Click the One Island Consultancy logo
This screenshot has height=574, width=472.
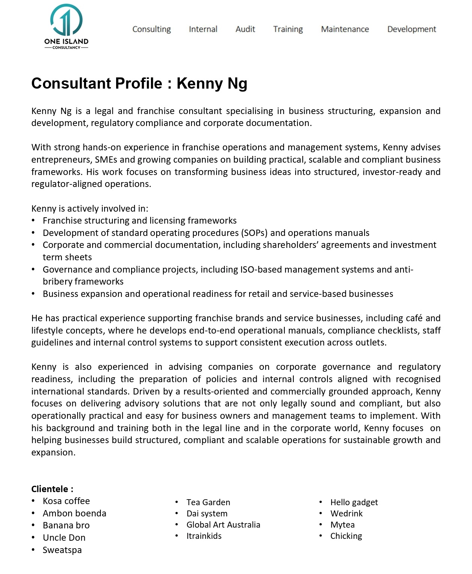point(66,27)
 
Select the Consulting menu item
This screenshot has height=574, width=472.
point(151,29)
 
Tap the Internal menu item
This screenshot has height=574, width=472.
point(203,29)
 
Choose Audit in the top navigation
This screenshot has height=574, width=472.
point(245,29)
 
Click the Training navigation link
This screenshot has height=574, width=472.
point(288,29)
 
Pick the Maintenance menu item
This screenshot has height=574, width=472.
point(345,29)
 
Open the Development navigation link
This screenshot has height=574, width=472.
point(411,29)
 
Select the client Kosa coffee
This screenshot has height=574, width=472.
point(66,501)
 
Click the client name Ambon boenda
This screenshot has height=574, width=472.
point(75,513)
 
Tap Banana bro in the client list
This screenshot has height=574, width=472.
point(66,525)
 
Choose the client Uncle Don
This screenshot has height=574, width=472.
point(64,538)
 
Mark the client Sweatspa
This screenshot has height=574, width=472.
point(62,550)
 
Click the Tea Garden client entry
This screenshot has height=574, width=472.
point(208,502)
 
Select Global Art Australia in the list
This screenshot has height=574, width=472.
point(223,525)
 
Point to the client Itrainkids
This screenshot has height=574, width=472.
point(204,536)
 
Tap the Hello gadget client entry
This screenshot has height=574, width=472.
point(354,502)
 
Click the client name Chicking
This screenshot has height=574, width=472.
point(346,536)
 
